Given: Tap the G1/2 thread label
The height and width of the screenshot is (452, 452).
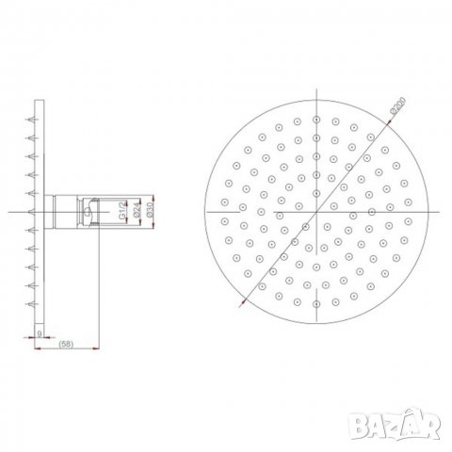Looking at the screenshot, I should (x=123, y=212).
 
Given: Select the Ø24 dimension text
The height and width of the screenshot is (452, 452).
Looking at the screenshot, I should (x=137, y=212).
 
